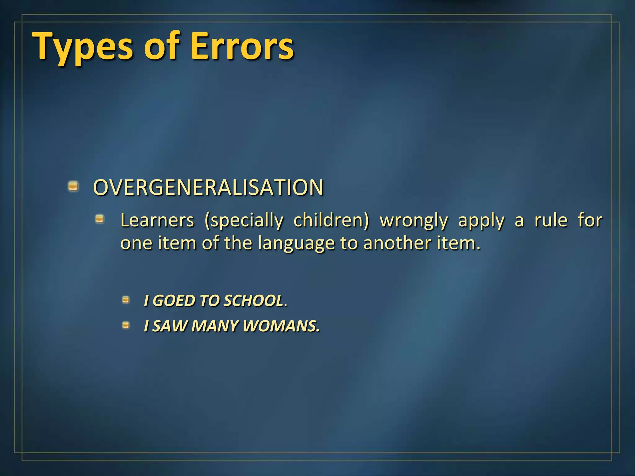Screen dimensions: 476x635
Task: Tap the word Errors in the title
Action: tap(242, 46)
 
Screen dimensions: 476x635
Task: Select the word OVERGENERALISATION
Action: tap(208, 187)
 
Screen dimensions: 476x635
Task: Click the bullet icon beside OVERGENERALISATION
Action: tap(73, 186)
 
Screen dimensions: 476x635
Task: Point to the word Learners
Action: tap(157, 220)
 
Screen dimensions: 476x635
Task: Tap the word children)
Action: tap(331, 220)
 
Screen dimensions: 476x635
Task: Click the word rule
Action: tap(551, 220)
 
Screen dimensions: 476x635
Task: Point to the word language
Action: tap(296, 244)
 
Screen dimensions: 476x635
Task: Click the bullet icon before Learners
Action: tap(100, 219)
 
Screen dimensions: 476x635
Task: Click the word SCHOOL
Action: tap(253, 301)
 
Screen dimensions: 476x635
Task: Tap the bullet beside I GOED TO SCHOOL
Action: tap(126, 300)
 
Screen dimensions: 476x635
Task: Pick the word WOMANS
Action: tap(281, 326)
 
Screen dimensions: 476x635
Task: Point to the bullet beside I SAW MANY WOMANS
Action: tap(126, 325)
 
